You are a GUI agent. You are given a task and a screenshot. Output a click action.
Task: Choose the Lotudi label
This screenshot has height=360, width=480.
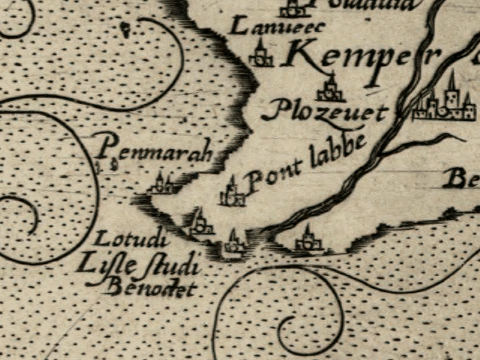tap(123, 241)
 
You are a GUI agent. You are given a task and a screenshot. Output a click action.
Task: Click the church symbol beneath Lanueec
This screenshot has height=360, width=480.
tap(261, 54)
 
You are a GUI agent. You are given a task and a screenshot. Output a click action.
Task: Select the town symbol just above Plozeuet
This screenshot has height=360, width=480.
tap(329, 88)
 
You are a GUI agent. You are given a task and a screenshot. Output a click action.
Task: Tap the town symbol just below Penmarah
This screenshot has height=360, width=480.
tap(162, 183)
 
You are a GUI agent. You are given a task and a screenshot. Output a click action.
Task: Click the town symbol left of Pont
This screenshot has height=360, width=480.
tap(232, 193)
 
